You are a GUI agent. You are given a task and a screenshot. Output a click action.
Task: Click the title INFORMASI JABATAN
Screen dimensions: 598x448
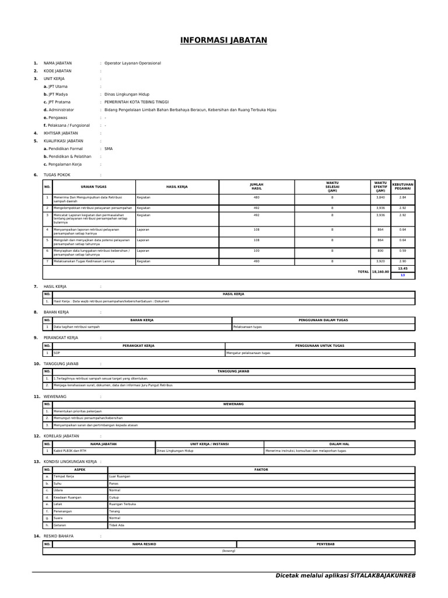[223, 40]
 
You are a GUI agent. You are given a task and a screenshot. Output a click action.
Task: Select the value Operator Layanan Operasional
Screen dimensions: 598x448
[132, 63]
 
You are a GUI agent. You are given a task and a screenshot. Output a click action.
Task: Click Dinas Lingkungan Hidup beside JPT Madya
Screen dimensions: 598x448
[127, 94]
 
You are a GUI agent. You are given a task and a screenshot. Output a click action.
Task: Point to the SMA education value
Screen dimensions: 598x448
[108, 149]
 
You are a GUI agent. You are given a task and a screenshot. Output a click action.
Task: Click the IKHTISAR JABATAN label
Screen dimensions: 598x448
[61, 133]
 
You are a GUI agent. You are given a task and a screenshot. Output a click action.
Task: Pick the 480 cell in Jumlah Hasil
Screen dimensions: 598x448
[256, 198]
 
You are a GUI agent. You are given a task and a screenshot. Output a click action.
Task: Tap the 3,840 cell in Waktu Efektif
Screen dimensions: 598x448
[380, 198]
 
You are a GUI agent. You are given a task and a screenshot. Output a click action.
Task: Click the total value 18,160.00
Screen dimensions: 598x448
[380, 272]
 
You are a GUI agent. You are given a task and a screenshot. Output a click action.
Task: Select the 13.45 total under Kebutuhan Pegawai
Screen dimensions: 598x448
[402, 269]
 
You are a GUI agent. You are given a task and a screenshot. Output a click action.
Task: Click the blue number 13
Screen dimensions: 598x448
[402, 275]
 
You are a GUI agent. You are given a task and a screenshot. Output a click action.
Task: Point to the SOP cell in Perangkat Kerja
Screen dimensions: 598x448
[57, 353]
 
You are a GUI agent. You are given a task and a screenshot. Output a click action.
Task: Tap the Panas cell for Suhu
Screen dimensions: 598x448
[114, 484]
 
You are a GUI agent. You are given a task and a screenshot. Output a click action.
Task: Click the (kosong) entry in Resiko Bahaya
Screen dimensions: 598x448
[229, 551]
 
